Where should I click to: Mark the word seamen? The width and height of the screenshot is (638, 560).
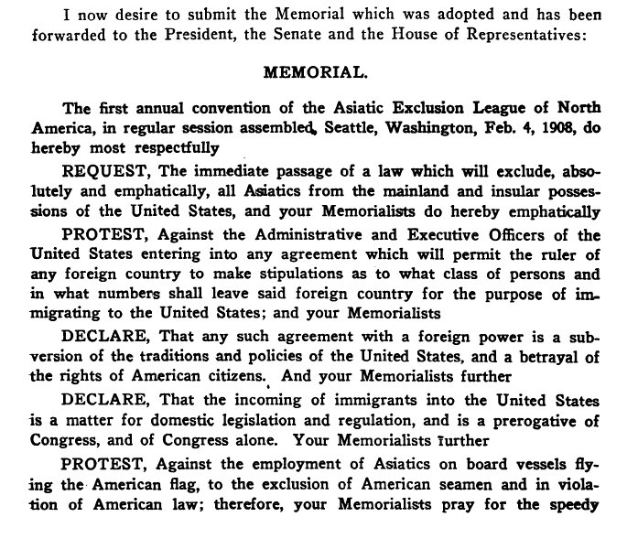tap(451, 506)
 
